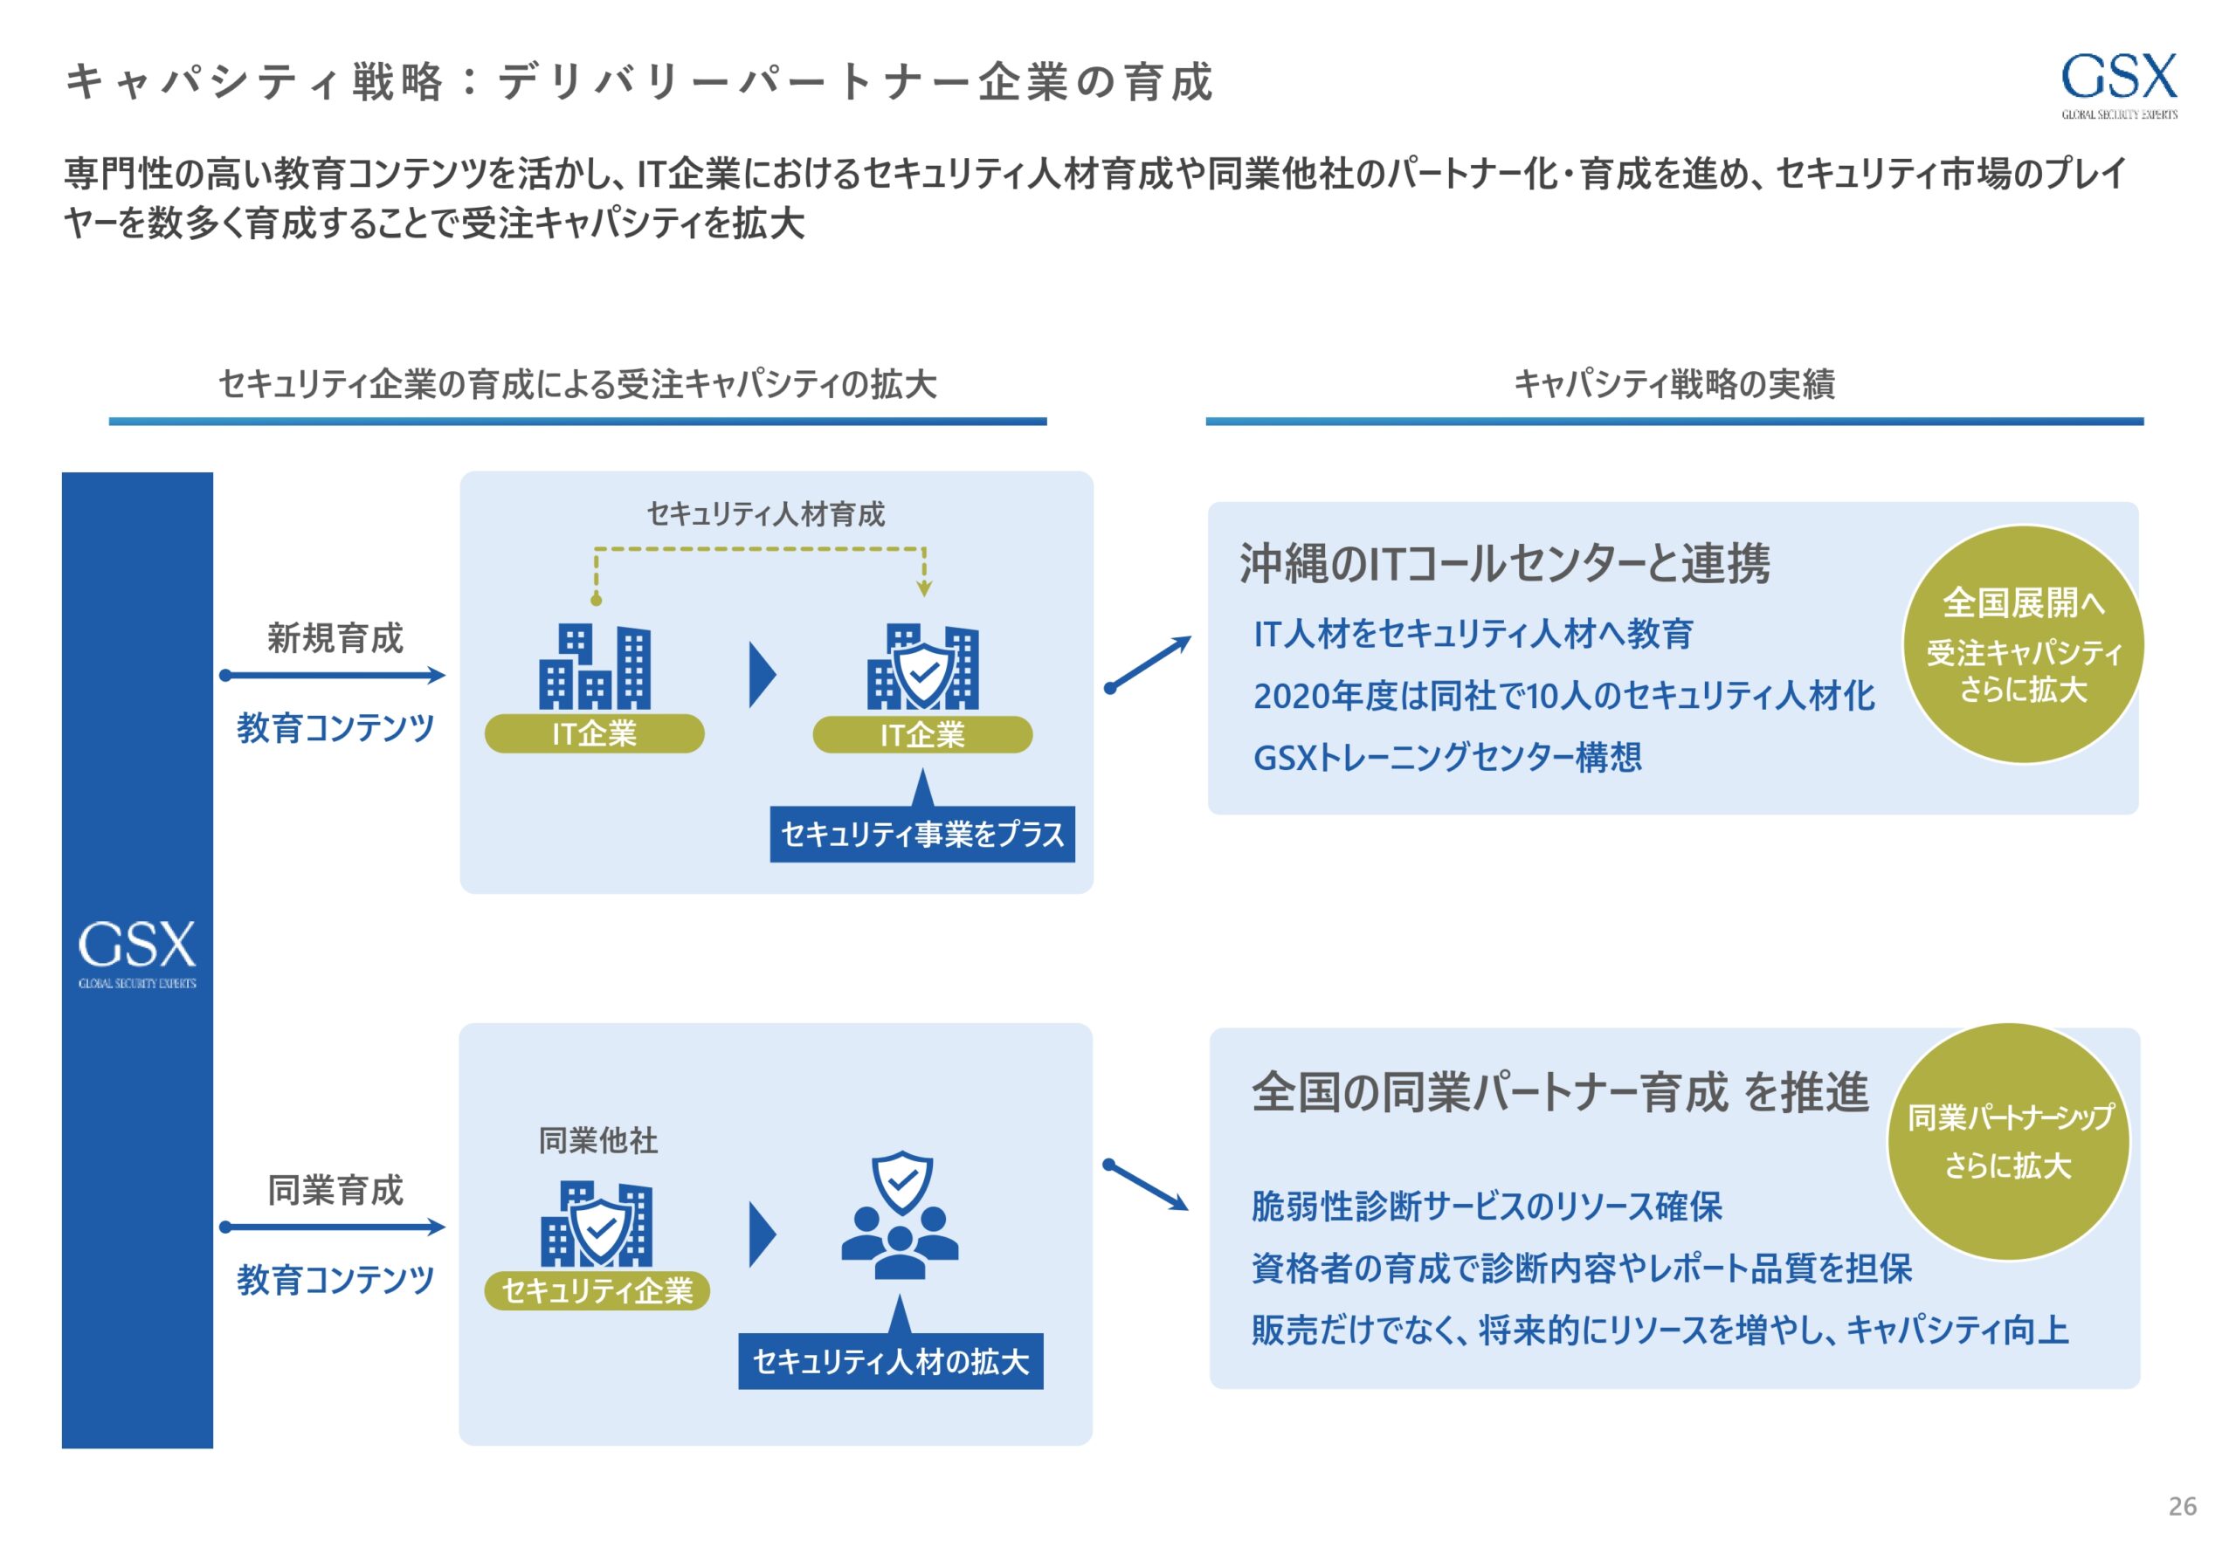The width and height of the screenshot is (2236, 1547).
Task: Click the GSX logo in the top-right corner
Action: pyautogui.click(x=2118, y=85)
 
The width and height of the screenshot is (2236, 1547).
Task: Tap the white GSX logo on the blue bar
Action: pyautogui.click(x=137, y=952)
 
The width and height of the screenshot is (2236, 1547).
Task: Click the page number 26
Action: pyautogui.click(x=2182, y=1505)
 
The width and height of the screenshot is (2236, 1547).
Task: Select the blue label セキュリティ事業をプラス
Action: pyautogui.click(x=921, y=835)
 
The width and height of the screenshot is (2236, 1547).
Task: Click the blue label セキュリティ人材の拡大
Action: pyautogui.click(x=890, y=1361)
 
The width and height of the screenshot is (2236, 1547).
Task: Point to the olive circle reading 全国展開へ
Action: pyautogui.click(x=2023, y=644)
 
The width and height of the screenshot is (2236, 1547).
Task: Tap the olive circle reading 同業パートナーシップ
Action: pyautogui.click(x=2008, y=1141)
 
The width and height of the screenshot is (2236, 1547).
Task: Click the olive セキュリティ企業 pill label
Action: pyautogui.click(x=597, y=1290)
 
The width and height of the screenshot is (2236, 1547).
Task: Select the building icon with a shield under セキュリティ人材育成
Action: pyautogui.click(x=922, y=667)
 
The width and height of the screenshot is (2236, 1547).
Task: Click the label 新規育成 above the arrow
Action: pyautogui.click(x=335, y=638)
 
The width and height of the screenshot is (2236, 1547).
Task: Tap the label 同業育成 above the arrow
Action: pyautogui.click(x=335, y=1189)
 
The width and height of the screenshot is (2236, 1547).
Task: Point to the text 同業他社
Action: pyautogui.click(x=597, y=1140)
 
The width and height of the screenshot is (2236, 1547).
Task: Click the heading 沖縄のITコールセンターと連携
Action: pyautogui.click(x=1504, y=564)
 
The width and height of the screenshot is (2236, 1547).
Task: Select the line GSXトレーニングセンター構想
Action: pyautogui.click(x=1446, y=757)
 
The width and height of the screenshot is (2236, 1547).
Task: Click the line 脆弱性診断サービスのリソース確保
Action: pyautogui.click(x=1487, y=1207)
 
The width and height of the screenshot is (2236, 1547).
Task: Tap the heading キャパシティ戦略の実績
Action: pyautogui.click(x=1674, y=385)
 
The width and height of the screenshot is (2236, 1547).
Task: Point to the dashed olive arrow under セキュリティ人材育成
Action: pyautogui.click(x=759, y=551)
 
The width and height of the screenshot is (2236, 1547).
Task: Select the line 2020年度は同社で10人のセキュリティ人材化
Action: pyautogui.click(x=1563, y=695)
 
